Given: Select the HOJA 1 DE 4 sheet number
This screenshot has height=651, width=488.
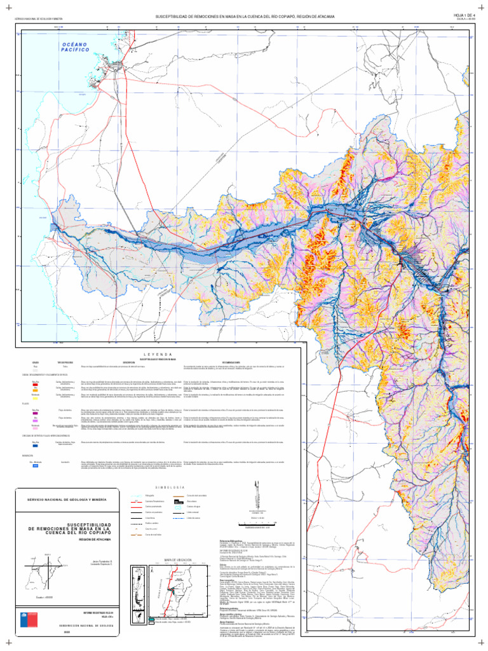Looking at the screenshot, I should [464, 14].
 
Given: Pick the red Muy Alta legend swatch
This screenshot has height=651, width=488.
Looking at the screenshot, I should [36, 385].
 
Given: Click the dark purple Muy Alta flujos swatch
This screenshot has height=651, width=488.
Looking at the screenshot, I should [36, 415].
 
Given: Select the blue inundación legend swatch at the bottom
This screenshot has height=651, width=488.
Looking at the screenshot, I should [36, 466].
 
